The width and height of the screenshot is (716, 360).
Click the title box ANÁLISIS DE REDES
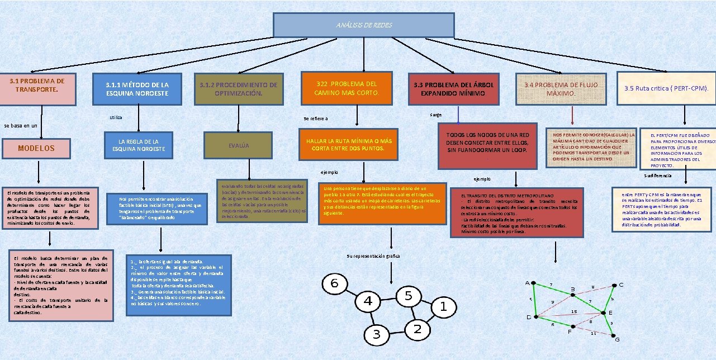363,25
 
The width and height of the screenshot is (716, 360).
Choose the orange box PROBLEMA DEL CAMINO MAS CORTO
347,88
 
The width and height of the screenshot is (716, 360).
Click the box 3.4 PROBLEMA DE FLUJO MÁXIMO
561,89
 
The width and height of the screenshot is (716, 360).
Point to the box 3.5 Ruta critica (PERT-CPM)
666,88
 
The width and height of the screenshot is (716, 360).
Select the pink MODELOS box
37,149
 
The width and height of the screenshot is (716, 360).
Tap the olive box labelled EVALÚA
239,146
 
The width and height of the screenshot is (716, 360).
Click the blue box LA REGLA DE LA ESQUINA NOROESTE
139,146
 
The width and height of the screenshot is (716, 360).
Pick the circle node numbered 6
334,283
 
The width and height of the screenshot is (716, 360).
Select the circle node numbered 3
377,334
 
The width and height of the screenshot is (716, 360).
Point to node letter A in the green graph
527,283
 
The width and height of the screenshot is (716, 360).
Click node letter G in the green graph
617,339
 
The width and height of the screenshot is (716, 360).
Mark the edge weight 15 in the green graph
573,311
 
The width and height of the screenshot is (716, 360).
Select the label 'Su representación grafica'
373,256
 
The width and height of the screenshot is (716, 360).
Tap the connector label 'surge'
436,115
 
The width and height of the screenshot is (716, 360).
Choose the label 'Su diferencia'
658,176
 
